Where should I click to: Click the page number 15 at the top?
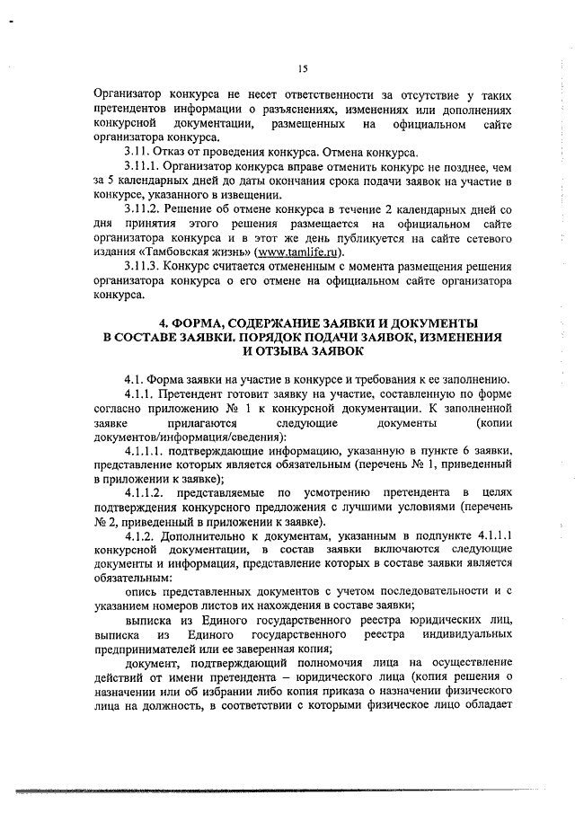tap(302, 67)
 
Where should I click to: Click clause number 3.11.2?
tap(144, 209)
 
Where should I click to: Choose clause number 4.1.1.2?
tap(147, 492)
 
